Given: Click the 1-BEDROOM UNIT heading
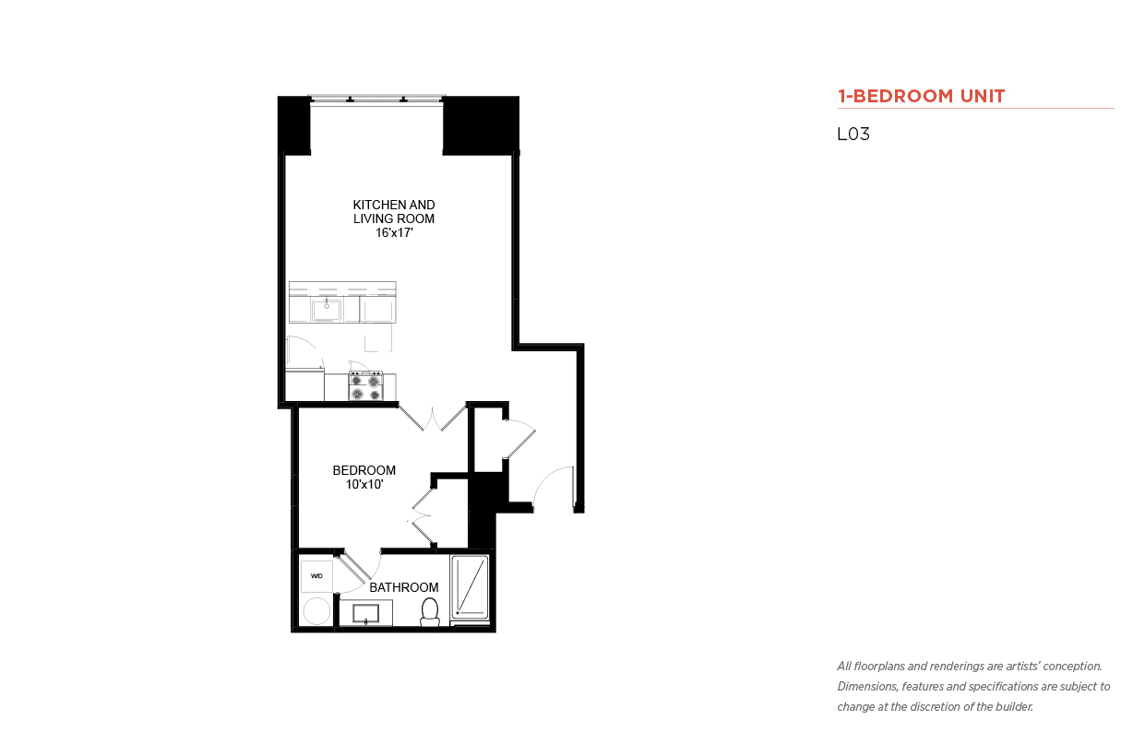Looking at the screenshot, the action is coord(921,96).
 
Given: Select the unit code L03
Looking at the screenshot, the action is coord(853,134).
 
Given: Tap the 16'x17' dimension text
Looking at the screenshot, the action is coord(394,233).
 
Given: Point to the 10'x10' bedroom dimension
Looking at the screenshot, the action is coord(364,484).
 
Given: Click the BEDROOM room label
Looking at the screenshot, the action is coord(364,470).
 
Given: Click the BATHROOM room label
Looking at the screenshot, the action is coord(403,587).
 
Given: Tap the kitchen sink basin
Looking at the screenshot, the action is coord(327,310).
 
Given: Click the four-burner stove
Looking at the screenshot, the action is coord(365,386).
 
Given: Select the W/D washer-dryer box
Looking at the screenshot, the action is coord(316,576).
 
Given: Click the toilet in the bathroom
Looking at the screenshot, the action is coord(430,611).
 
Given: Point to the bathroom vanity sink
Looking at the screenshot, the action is coord(366,613).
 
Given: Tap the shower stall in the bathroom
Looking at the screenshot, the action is coord(470,587).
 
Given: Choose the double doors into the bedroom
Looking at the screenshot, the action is coord(432,418).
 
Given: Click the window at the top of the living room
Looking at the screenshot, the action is coord(376,99).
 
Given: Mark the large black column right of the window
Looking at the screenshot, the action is coord(481,125).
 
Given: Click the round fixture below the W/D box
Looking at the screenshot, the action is coord(316,611).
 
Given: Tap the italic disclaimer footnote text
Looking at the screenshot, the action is coord(973,687).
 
